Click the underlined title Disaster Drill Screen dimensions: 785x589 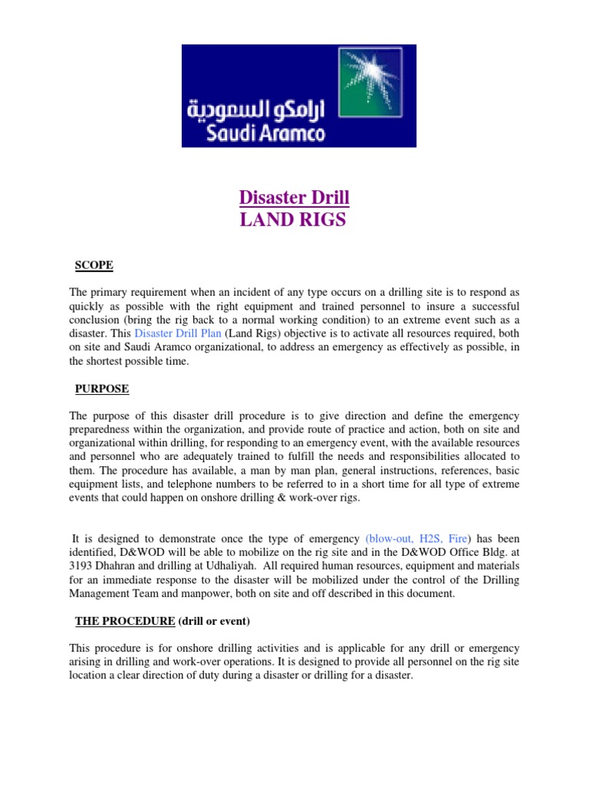click(x=294, y=198)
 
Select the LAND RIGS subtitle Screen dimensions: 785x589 click(x=294, y=220)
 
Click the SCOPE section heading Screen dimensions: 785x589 click(x=94, y=265)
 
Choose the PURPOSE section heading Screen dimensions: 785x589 click(x=102, y=389)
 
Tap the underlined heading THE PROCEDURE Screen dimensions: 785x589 click(x=125, y=620)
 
